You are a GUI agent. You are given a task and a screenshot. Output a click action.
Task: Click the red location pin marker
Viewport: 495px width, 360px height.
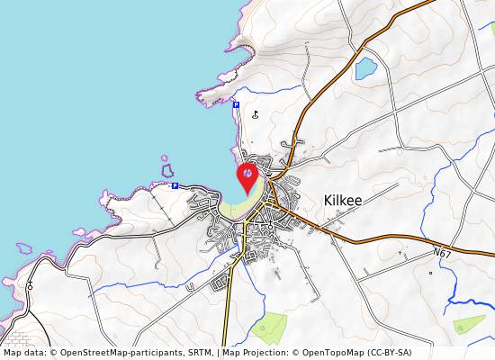(x=247, y=175)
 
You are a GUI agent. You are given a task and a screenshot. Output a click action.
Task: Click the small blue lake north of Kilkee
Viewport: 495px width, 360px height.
(x=365, y=68)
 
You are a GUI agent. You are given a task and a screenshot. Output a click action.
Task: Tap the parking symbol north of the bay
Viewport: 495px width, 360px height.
(x=236, y=105)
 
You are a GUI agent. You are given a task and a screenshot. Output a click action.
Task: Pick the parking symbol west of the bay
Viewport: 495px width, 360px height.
(x=175, y=185)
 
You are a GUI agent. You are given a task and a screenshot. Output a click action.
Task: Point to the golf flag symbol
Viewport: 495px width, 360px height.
(x=256, y=114)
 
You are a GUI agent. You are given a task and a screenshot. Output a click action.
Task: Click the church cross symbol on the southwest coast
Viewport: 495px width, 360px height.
(x=30, y=284)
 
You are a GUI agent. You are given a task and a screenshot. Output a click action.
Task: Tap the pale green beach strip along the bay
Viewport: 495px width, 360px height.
(x=236, y=209)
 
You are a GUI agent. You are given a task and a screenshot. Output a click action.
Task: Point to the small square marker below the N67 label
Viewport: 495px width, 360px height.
(x=430, y=273)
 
